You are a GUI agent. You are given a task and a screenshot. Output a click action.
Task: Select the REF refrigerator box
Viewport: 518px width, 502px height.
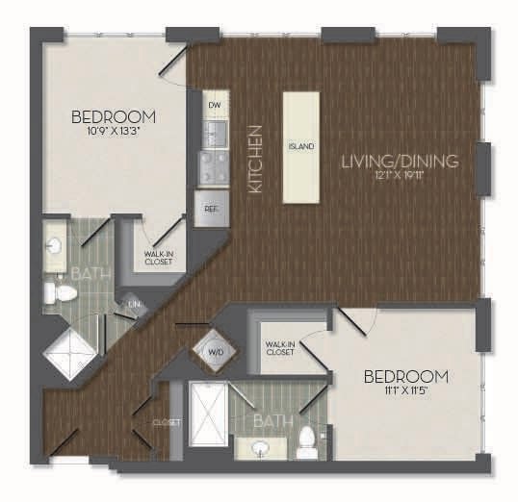pos(210,208)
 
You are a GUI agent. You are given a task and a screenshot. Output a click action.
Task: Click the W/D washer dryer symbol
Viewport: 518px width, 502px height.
pos(215,352)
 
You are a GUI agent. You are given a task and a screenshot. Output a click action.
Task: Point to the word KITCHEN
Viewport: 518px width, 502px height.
pos(256,161)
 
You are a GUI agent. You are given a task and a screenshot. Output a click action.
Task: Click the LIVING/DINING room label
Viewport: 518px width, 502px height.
pos(399,162)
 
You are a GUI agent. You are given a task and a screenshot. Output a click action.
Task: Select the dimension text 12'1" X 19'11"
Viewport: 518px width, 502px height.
pos(399,177)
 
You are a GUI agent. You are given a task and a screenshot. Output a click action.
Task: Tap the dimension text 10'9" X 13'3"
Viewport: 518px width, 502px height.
pos(114,134)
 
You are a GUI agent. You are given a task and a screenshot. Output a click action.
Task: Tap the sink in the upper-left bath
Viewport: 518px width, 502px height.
pos(54,248)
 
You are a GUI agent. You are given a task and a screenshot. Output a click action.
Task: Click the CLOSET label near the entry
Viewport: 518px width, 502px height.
pos(167,421)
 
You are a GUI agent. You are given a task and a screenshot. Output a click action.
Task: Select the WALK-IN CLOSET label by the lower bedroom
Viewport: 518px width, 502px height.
pos(280,347)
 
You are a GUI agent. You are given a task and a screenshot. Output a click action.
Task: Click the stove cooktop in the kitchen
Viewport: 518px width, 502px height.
pos(213,166)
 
